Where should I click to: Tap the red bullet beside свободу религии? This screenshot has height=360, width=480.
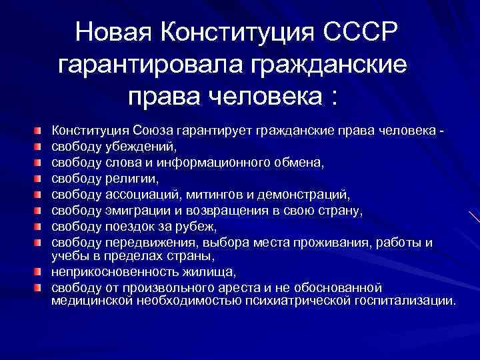pyautogui.click(x=41, y=178)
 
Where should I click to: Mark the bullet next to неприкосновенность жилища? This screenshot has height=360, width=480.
pyautogui.click(x=41, y=272)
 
